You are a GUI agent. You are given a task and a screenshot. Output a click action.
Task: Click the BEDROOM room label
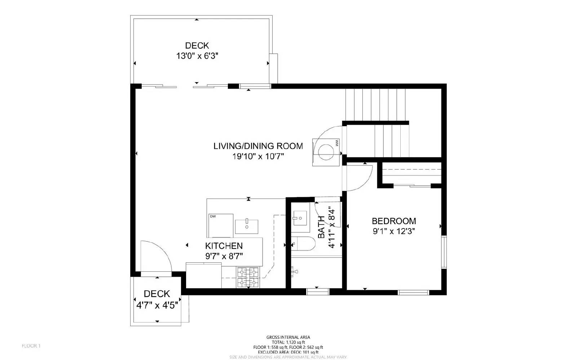coord(394,221)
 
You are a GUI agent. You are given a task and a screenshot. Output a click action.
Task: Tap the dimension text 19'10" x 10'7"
coord(258,156)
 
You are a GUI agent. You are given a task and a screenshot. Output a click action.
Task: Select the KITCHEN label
coord(224,246)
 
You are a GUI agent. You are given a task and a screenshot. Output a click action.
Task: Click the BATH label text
coord(321,227)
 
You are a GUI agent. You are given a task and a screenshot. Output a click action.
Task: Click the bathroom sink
coord(299,218)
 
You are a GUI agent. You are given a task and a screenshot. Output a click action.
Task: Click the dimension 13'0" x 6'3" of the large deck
coord(197,56)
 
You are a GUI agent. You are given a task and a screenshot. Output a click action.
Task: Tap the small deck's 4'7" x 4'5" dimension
coord(157,306)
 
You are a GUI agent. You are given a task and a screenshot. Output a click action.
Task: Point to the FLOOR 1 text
coord(31,346)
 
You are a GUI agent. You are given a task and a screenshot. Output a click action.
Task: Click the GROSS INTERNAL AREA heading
coord(288,337)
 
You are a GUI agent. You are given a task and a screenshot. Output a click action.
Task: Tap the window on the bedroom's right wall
coord(444,252)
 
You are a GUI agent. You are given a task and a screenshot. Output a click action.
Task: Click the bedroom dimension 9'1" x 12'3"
coord(394,231)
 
